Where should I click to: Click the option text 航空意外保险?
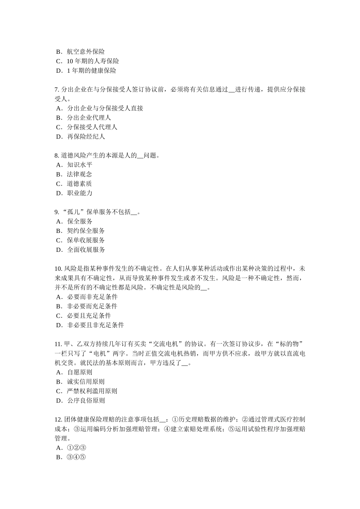pos(86,52)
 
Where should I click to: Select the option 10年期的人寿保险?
pos(92,61)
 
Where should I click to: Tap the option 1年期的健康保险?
pos(91,71)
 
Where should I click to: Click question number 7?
pos(57,90)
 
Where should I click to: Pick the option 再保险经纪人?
pos(86,137)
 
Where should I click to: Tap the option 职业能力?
pos(80,193)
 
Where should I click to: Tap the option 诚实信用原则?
pos(86,382)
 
